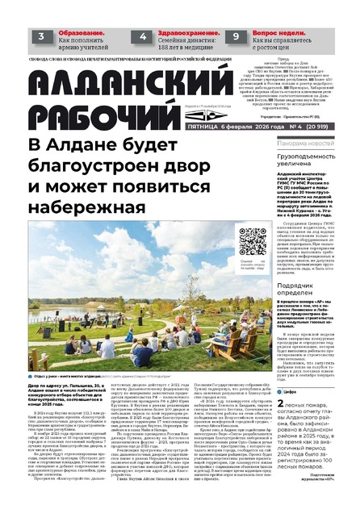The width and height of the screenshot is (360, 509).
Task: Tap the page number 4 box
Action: [x=142, y=35]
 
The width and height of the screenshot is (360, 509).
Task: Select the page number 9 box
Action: [x=236, y=35]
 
